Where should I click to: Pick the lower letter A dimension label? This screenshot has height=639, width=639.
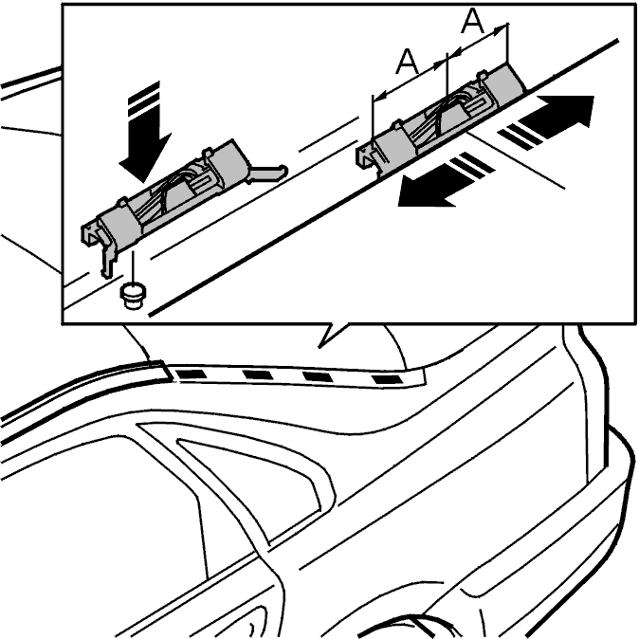point(407,61)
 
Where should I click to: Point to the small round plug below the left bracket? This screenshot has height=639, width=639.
point(133,296)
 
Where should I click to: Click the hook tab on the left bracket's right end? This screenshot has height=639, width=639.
point(267,173)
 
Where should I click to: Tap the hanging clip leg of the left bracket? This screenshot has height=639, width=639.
point(107,258)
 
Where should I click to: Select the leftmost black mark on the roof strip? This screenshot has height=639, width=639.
point(191,374)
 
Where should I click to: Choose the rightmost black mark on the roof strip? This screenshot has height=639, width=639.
point(387,380)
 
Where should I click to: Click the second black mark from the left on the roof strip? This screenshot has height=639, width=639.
point(258,374)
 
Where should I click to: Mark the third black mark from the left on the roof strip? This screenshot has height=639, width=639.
point(318,377)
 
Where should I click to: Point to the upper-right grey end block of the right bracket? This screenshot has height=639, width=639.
point(502,83)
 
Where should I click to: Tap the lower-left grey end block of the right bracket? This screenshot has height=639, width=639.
point(393,150)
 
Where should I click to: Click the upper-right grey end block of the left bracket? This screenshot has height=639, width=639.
point(228,163)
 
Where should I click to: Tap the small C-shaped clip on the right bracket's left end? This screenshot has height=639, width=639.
point(366,156)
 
